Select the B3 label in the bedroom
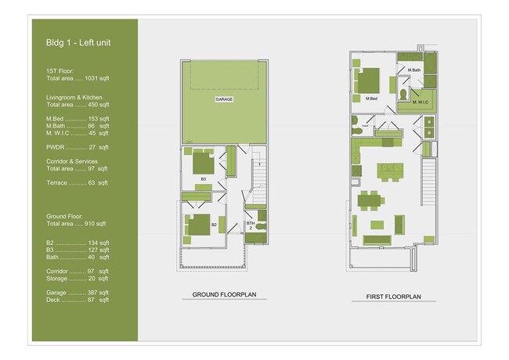pyautogui.click(x=203, y=179)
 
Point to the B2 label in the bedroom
pyautogui.click(x=213, y=225)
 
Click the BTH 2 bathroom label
pyautogui.click(x=251, y=226)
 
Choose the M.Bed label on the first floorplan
pyautogui.click(x=372, y=99)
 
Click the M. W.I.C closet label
pyautogui.click(x=418, y=100)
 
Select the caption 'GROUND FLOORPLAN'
pyautogui.click(x=223, y=296)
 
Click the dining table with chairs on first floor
pyautogui.click(x=370, y=200)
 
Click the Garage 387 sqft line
pyautogui.click(x=78, y=292)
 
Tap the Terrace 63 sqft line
pyautogui.click(x=78, y=182)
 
